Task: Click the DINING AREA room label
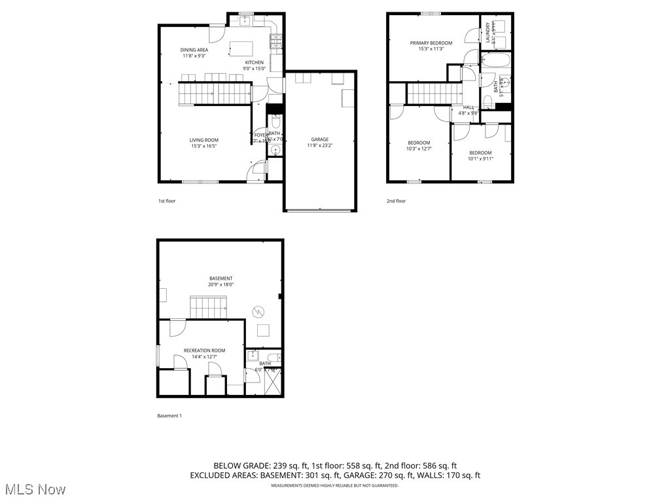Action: coord(194,50)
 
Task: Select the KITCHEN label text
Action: coord(255,62)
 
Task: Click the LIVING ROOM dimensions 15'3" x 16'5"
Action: coord(204,146)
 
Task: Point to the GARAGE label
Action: coord(320,139)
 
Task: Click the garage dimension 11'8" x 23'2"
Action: coord(320,145)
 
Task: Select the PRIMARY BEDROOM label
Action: coord(431,43)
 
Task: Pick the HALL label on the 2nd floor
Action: coord(468,107)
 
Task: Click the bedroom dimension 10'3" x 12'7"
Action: coord(419,149)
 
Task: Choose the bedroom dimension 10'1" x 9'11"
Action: coord(480,158)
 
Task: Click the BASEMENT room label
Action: coord(221,278)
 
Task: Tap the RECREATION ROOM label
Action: coord(204,350)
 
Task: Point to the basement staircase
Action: coord(209,307)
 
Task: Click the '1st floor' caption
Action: coord(167,201)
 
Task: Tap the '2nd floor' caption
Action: coord(396,201)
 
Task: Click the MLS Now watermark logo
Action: coord(34,489)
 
